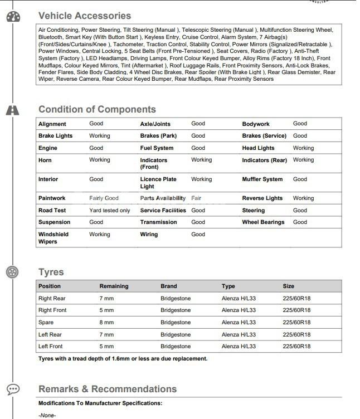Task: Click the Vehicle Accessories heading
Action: (85, 16)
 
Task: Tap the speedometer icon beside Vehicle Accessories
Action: (13, 17)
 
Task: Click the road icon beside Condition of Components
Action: (13, 110)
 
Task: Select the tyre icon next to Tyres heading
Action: (13, 272)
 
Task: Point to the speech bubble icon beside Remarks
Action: (13, 389)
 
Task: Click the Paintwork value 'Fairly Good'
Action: (104, 198)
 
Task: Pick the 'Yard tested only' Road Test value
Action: (109, 211)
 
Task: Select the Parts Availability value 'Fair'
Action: (196, 198)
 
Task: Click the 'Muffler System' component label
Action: (262, 179)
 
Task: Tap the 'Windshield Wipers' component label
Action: (53, 238)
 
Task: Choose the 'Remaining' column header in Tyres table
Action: (114, 286)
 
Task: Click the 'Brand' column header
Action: (168, 286)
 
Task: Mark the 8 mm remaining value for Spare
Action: (106, 323)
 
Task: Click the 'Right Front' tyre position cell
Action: (52, 310)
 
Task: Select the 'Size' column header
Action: (288, 286)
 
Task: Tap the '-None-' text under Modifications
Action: (47, 415)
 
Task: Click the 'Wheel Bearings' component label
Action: (263, 222)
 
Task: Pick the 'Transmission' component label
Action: (158, 222)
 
